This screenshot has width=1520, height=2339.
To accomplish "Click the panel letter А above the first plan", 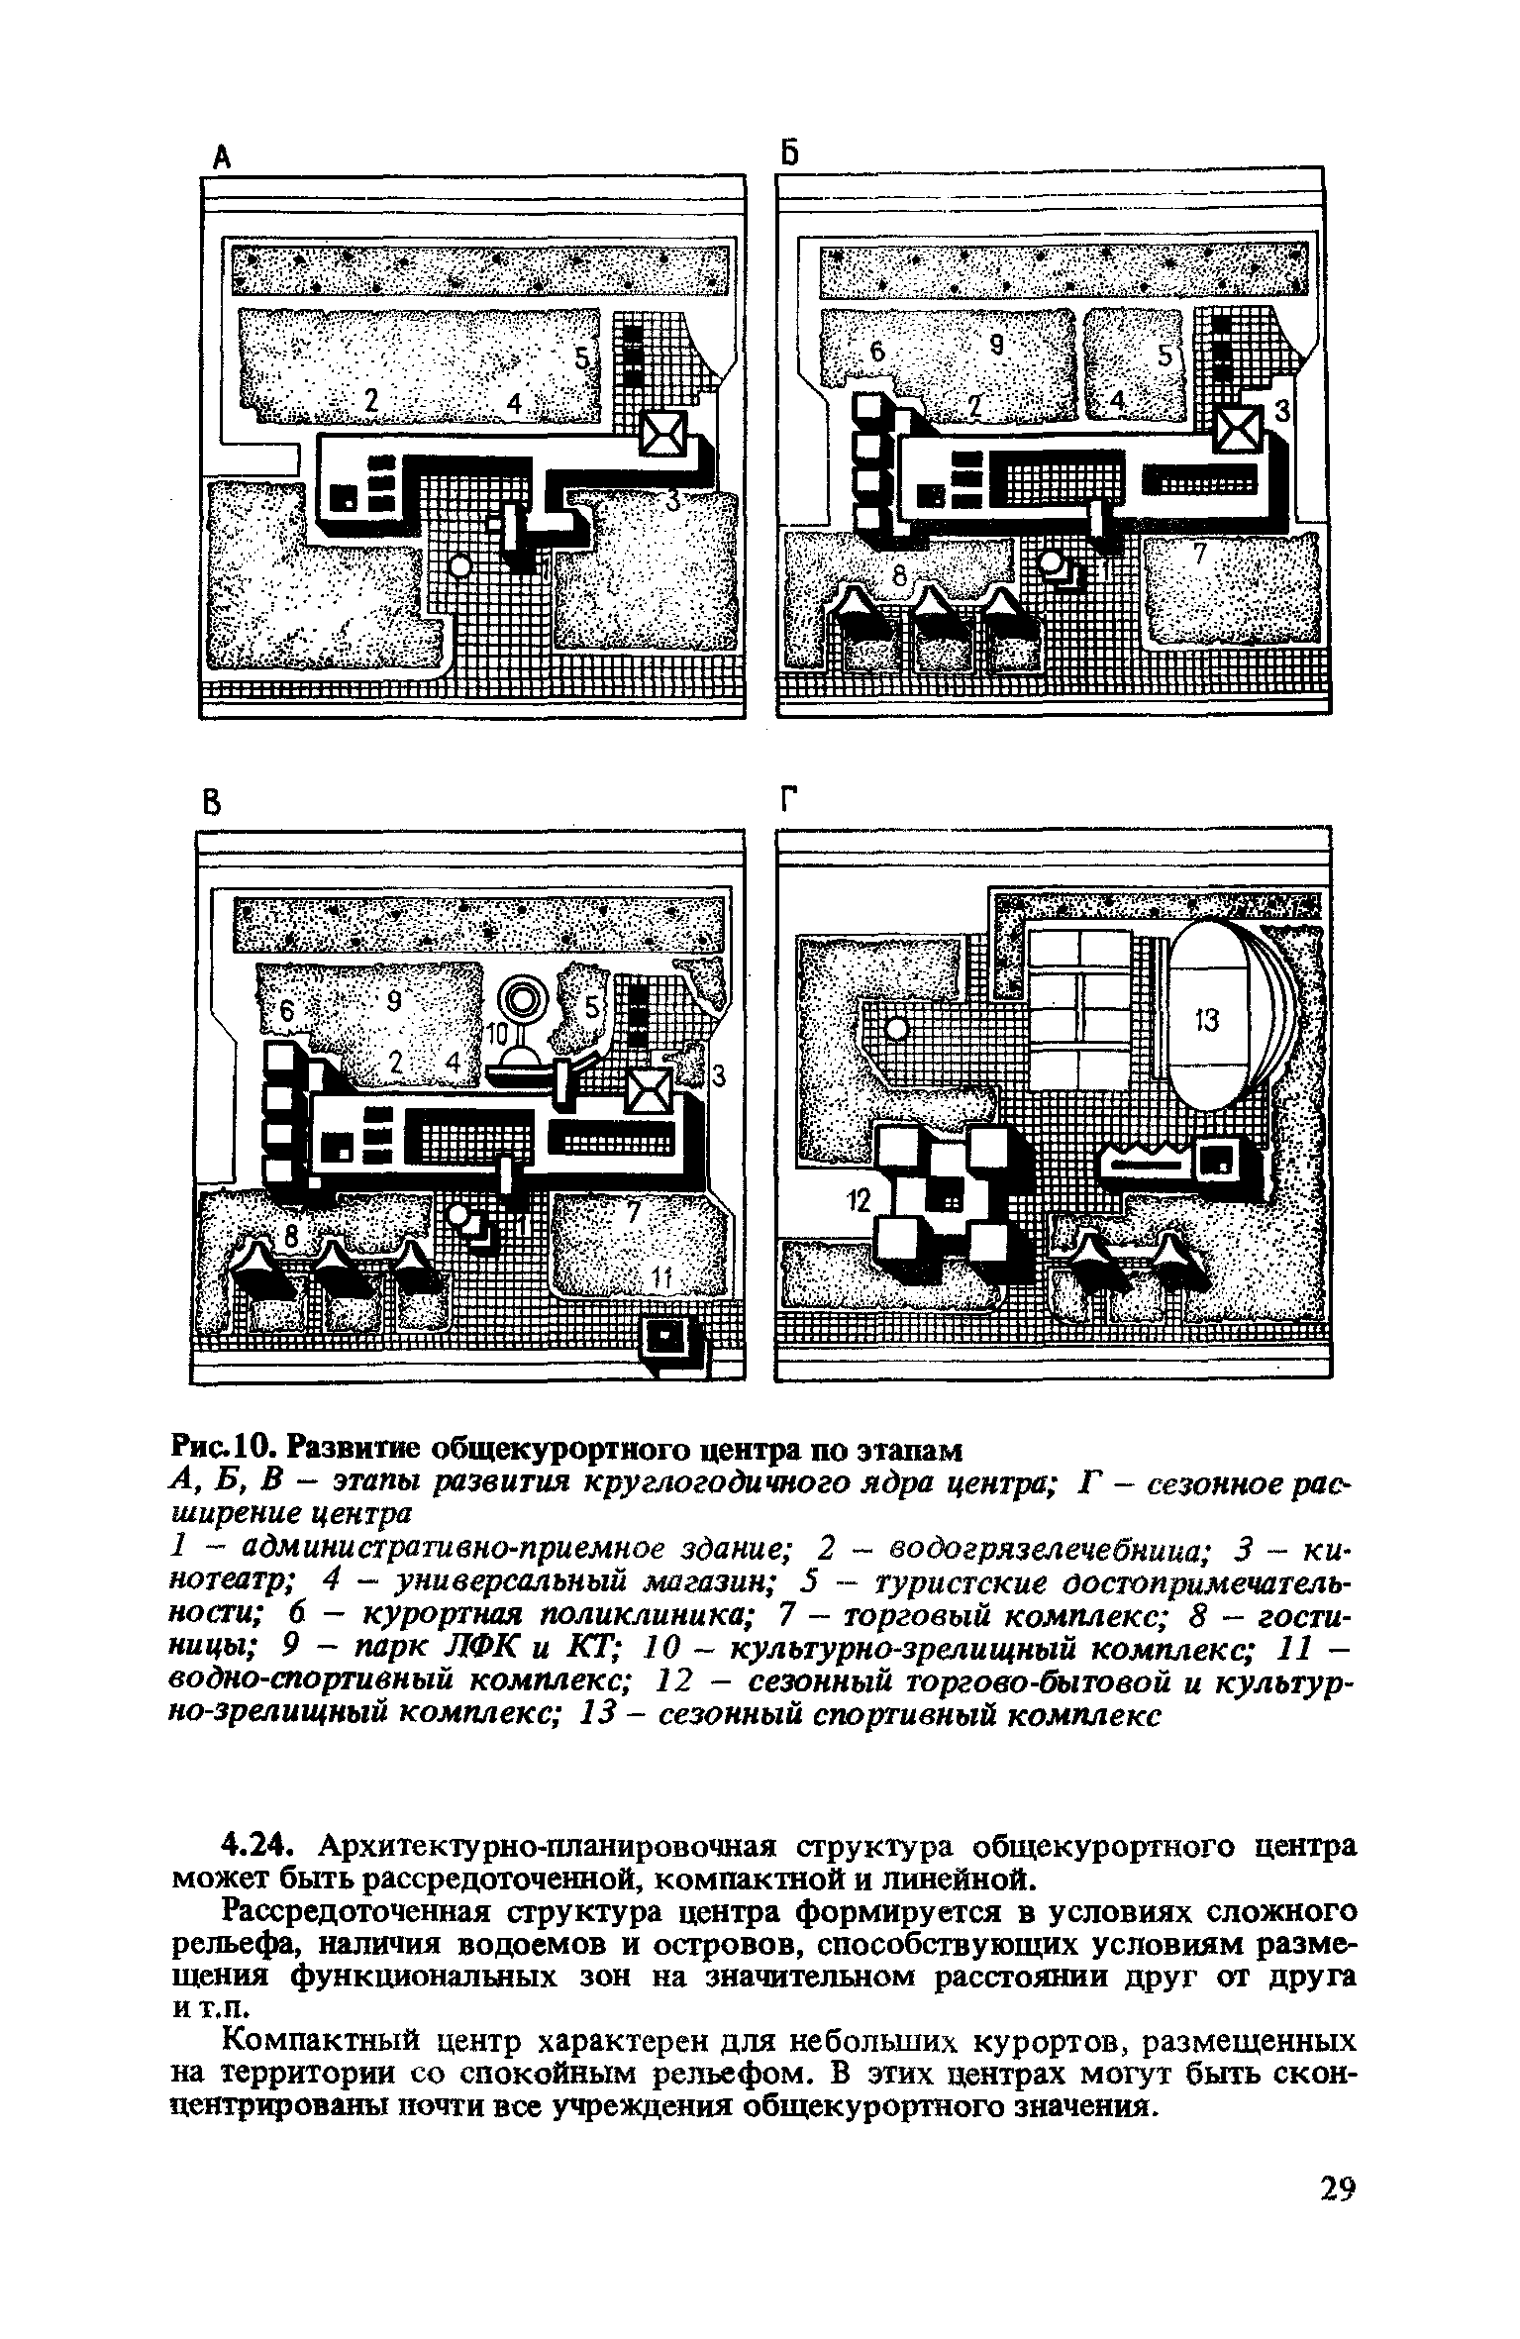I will pyautogui.click(x=223, y=155).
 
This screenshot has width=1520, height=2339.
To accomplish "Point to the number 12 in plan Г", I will pyautogui.click(x=857, y=1202).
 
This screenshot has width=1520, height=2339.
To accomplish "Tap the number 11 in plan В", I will pyautogui.click(x=660, y=1280).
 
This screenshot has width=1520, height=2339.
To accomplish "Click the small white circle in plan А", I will pyautogui.click(x=458, y=566).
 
